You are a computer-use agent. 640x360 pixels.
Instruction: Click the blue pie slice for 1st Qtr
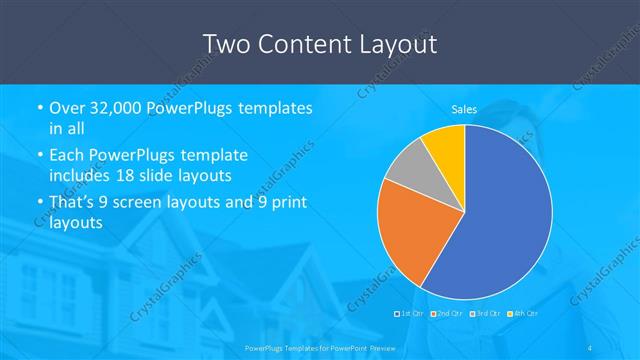click(x=500, y=220)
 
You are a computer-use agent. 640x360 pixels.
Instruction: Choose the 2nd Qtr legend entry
click(x=447, y=313)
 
